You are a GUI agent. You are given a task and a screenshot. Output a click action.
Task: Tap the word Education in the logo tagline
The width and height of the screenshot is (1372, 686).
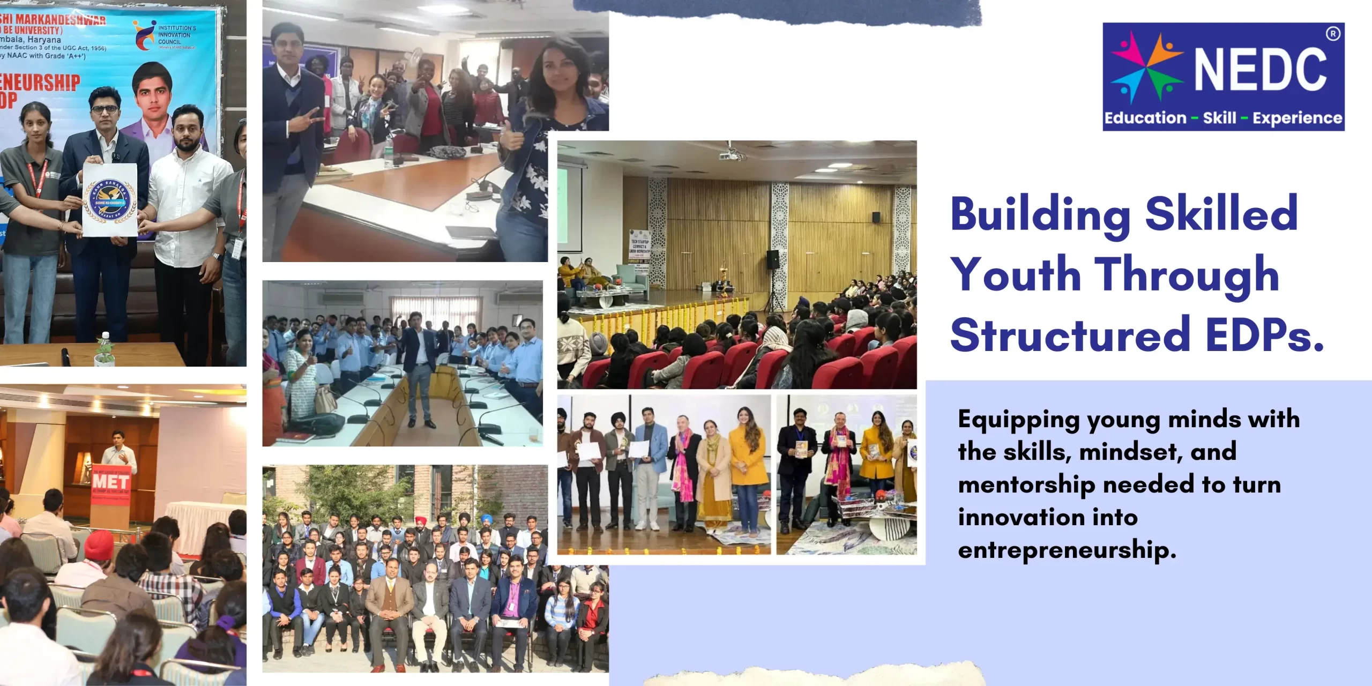pos(1145,118)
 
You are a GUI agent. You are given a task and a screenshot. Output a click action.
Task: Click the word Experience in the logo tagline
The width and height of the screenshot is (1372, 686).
pos(1297,118)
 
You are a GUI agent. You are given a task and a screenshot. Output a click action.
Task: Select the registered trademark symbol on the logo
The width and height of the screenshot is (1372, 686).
pos(1332,34)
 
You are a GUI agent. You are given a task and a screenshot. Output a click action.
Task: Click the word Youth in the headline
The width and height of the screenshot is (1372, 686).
pos(1016,275)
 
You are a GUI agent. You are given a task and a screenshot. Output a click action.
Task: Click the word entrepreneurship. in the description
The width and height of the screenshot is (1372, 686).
pos(1067,550)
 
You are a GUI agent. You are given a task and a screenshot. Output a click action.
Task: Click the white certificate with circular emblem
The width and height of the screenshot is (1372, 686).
pos(109,200)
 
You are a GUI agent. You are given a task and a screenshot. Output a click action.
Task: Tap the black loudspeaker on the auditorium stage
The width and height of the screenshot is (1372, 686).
pos(772,259)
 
